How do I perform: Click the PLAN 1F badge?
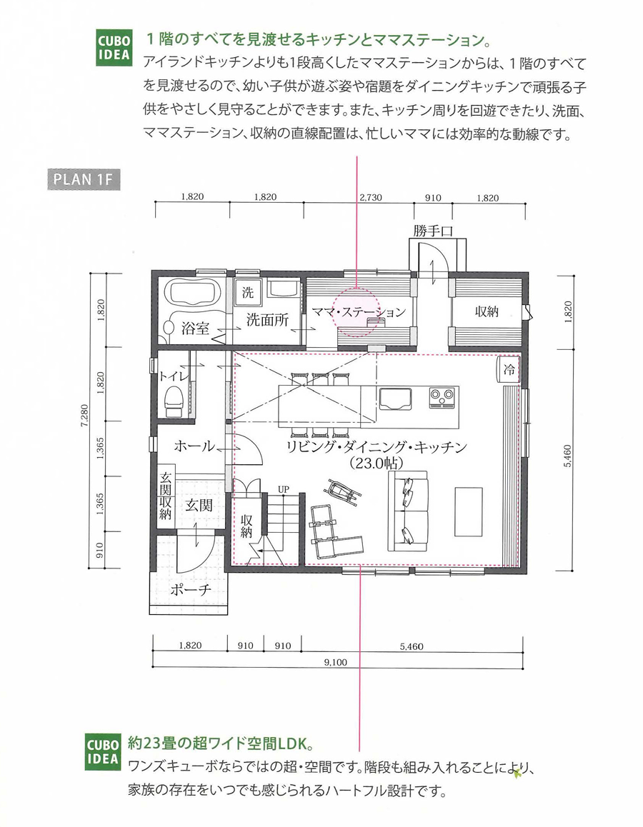point(84,179)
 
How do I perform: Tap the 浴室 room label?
point(195,329)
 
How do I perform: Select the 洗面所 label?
point(267,319)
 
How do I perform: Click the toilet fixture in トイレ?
point(173,401)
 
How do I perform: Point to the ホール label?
point(194,446)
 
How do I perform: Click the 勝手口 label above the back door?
point(432,231)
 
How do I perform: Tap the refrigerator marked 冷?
point(509,369)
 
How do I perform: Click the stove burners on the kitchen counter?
point(442,396)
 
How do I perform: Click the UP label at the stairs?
point(284,489)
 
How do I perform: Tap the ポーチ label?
point(191,589)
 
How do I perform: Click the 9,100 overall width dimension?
point(336,663)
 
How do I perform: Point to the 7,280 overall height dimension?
point(84,415)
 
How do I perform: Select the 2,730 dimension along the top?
point(371,198)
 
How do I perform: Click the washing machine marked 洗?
point(248,291)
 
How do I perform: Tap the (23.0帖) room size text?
point(376,463)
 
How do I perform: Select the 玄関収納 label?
point(166,496)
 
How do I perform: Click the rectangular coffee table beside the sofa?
point(469,511)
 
